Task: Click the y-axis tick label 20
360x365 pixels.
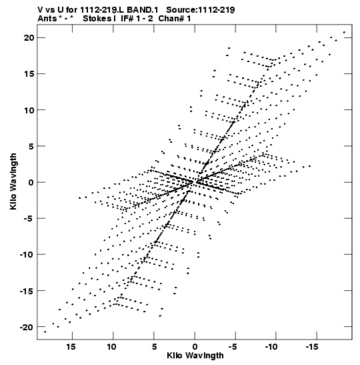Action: click(29, 38)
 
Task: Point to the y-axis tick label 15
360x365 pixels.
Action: click(29, 74)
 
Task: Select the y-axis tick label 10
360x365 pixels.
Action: click(29, 110)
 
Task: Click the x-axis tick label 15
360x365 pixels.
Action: click(71, 347)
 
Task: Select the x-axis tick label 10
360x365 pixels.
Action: click(111, 347)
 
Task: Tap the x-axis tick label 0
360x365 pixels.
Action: click(195, 347)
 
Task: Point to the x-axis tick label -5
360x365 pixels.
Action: click(233, 347)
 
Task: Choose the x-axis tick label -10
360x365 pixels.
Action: click(271, 347)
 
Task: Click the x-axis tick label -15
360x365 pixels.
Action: click(312, 347)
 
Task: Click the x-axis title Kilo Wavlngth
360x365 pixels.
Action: click(195, 356)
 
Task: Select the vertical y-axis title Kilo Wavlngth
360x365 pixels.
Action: click(13, 181)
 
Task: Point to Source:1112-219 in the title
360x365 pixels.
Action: click(201, 10)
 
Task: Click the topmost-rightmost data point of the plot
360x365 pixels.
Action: click(344, 32)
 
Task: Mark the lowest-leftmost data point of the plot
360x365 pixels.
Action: click(45, 332)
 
